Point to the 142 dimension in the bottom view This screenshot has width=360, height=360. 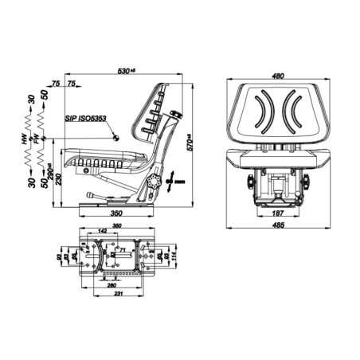(x=102, y=230)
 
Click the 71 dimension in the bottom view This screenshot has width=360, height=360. (x=122, y=250)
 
